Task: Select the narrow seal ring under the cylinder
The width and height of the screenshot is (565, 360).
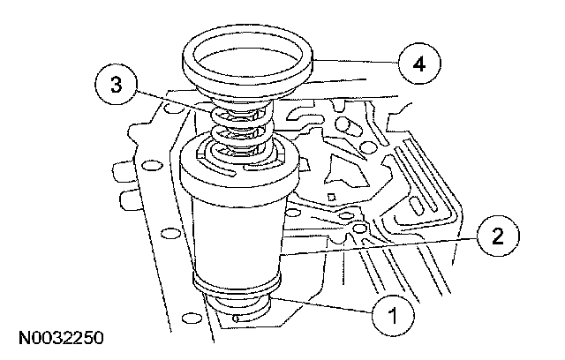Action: click(x=237, y=291)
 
